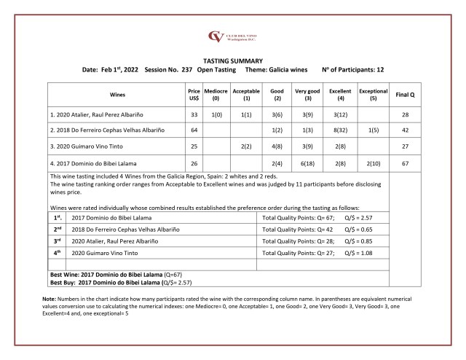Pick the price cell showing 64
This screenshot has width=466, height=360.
pos(193,130)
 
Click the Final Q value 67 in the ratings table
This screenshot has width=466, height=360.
pos(405,165)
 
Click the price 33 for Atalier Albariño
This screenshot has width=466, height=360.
pos(193,114)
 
